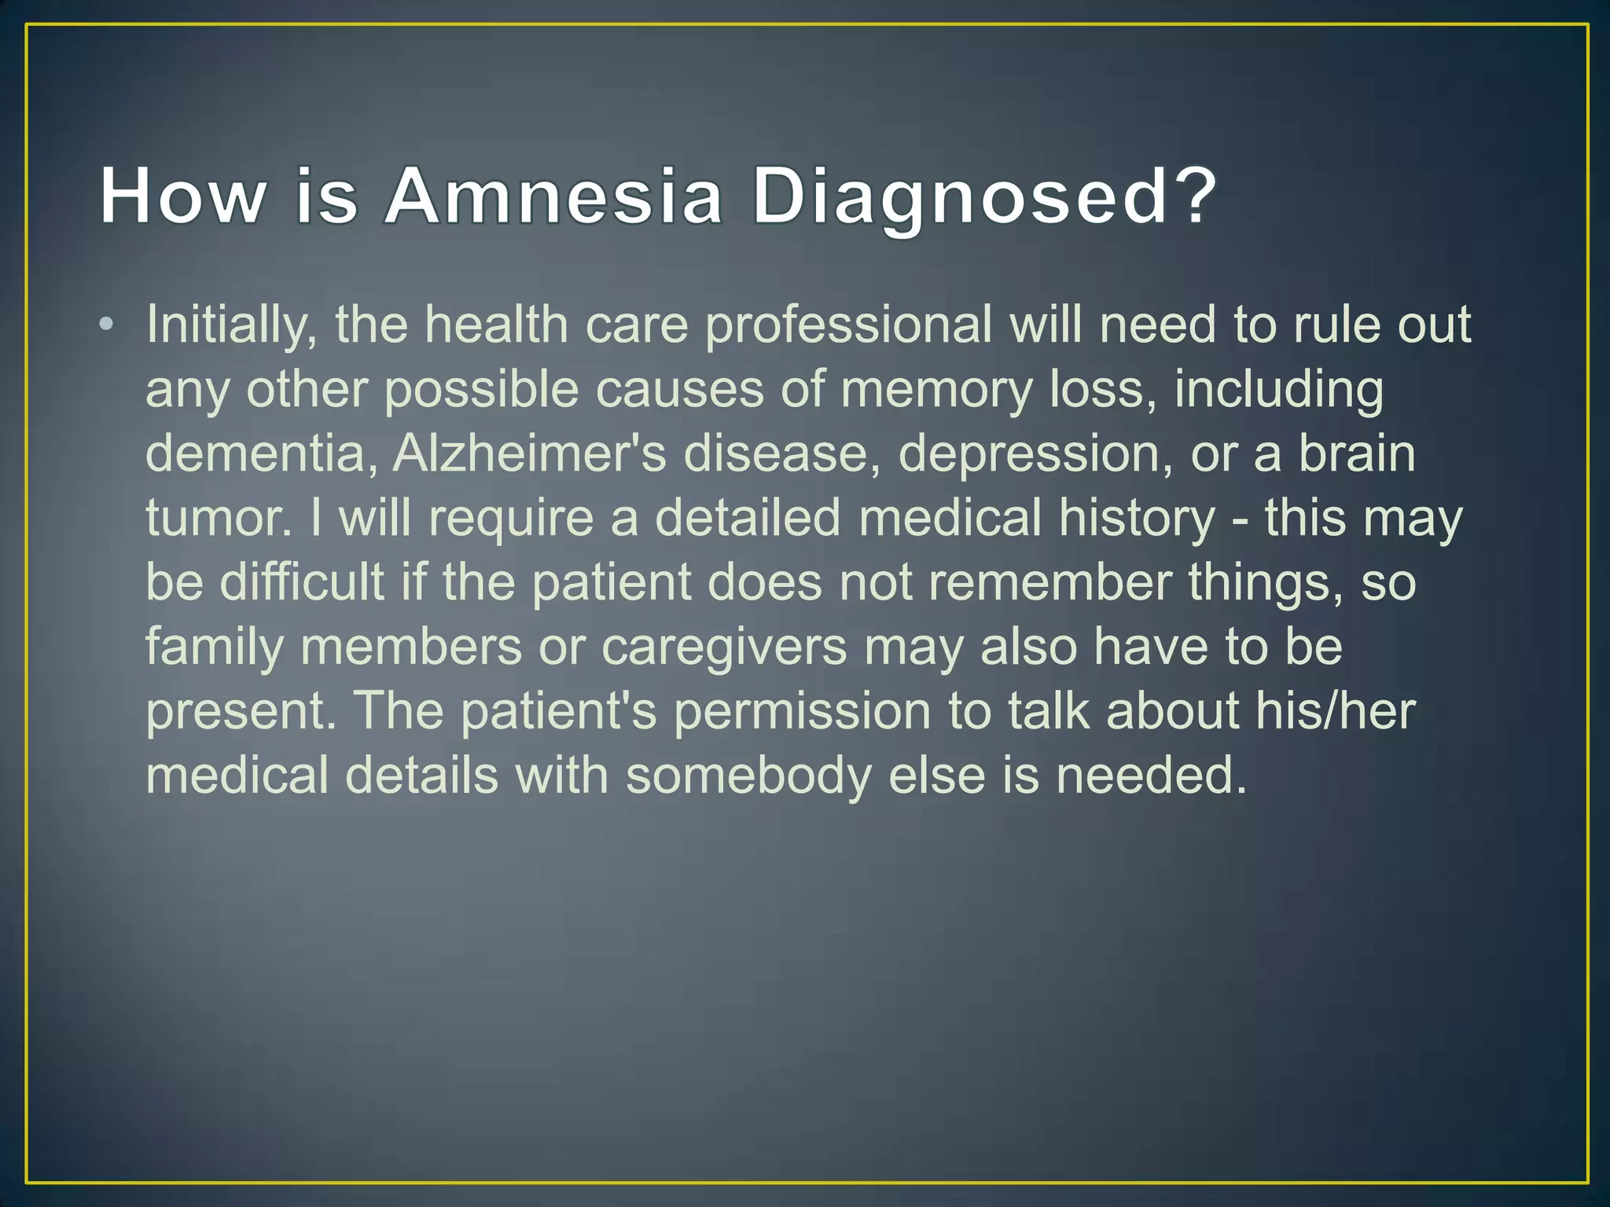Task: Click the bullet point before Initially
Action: [107, 325]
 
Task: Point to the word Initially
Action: [232, 326]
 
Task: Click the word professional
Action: [848, 326]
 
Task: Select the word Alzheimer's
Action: [529, 454]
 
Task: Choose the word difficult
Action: [302, 583]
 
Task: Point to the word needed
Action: [1151, 776]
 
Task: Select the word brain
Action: [1356, 454]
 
